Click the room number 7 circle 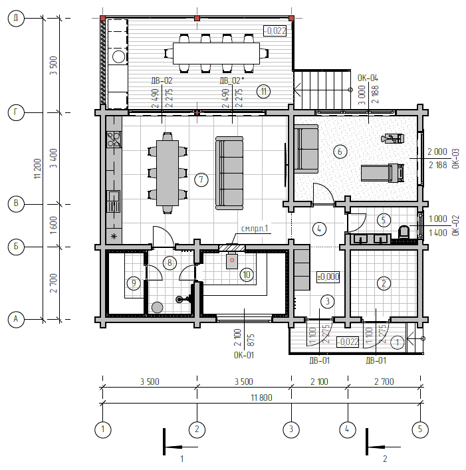pos(201,180)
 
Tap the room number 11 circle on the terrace pos(263,92)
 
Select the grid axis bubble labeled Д pos(16,19)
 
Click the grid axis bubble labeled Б pos(16,247)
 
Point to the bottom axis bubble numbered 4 pos(348,429)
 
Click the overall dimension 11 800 pos(261,398)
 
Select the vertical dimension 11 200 pos(37,169)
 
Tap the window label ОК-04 pos(368,78)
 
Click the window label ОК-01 pos(244,355)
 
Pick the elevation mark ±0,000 pos(328,277)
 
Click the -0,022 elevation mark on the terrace pos(275,31)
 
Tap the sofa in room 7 pos(229,174)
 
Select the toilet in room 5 pos(404,232)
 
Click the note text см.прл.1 pos(255,229)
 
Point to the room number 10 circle pos(247,275)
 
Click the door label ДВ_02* pos(231,80)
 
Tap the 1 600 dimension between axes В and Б pos(53,225)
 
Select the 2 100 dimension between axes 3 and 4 pos(319,382)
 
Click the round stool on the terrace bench pos(119,57)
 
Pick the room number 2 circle pos(384,283)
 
